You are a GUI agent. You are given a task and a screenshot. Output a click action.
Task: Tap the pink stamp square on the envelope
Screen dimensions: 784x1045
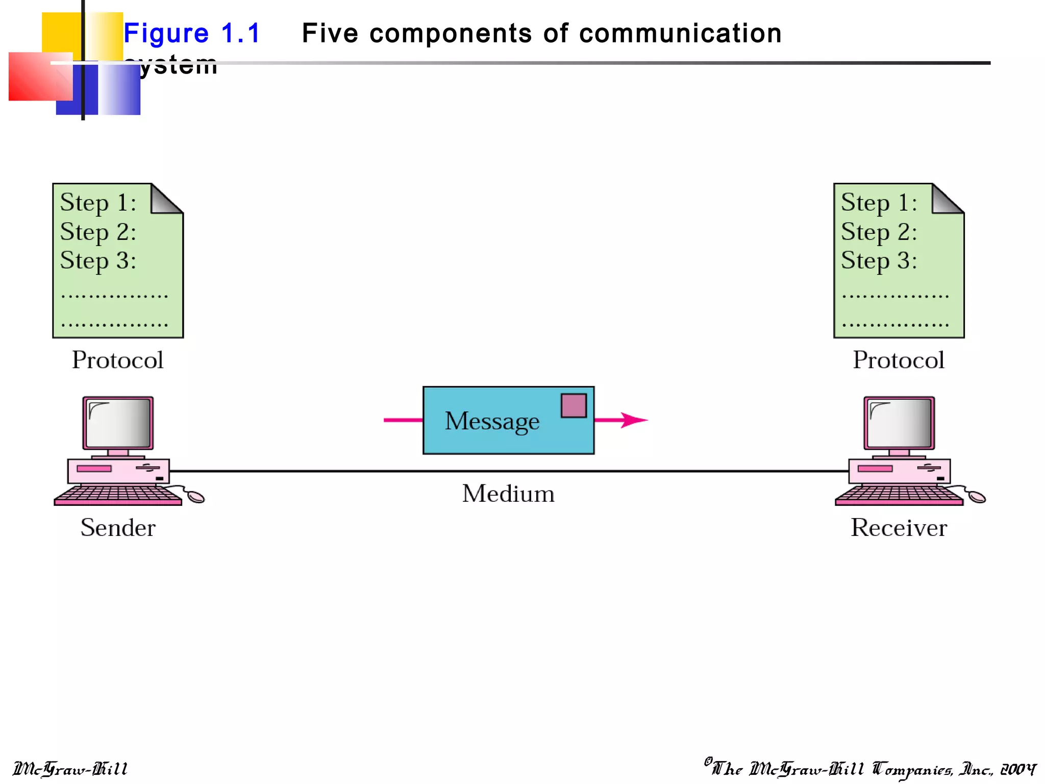coord(574,406)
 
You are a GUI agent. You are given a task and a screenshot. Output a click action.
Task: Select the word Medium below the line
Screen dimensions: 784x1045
coord(508,494)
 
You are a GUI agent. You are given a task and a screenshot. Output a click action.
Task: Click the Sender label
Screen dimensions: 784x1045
coord(118,527)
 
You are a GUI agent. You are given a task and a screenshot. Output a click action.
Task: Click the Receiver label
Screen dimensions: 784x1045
coord(899,527)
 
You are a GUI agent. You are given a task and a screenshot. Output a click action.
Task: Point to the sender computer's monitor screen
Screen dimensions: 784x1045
coord(118,423)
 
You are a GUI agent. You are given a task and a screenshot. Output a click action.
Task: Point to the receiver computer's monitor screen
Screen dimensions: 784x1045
coord(899,423)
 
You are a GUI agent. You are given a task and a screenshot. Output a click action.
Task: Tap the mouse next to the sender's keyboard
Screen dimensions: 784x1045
coord(196,497)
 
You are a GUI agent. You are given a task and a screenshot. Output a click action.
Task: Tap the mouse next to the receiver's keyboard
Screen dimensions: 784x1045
coord(977,497)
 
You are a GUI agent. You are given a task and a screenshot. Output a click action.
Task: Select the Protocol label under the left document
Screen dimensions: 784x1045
coord(118,360)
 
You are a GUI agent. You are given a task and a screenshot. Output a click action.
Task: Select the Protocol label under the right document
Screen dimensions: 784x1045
coord(899,360)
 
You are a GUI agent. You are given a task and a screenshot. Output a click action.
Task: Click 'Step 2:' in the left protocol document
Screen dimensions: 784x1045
coord(98,232)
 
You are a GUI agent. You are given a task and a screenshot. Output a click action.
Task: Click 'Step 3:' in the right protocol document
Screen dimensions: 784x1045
coord(879,261)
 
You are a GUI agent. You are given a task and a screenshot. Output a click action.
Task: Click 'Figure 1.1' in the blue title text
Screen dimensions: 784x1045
coord(192,34)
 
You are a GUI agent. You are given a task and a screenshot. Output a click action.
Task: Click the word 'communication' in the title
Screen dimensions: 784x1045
coord(680,34)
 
